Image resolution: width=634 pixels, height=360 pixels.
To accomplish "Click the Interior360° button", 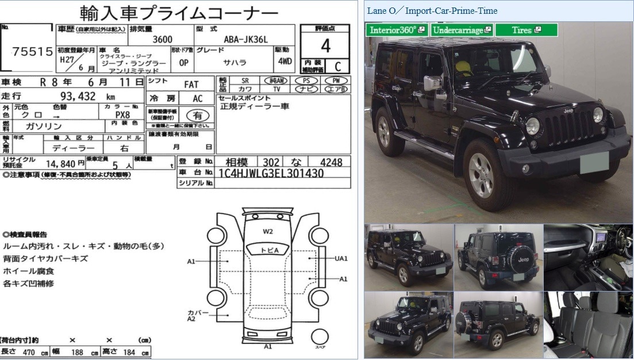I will [397, 30].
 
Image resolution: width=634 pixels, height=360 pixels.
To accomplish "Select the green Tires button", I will [526, 30].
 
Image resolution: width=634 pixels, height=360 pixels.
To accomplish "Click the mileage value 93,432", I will [79, 96].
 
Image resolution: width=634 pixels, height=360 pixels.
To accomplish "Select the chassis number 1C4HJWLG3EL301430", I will [271, 173].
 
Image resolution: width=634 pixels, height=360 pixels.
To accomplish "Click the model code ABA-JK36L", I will [245, 39].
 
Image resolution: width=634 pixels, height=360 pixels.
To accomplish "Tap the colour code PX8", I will [122, 114].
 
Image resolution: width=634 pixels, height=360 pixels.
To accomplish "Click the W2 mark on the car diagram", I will [268, 232].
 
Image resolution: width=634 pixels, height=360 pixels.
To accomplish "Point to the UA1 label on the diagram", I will [341, 259].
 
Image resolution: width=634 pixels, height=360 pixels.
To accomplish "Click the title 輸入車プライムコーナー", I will [179, 12].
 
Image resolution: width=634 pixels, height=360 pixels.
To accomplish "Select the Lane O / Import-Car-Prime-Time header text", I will [432, 11].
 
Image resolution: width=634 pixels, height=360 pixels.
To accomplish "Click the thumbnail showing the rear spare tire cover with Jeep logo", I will [498, 257].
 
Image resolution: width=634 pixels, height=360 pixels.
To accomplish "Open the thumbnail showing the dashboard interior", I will [587, 257].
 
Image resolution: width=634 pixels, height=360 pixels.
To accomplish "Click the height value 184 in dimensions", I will [129, 352].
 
